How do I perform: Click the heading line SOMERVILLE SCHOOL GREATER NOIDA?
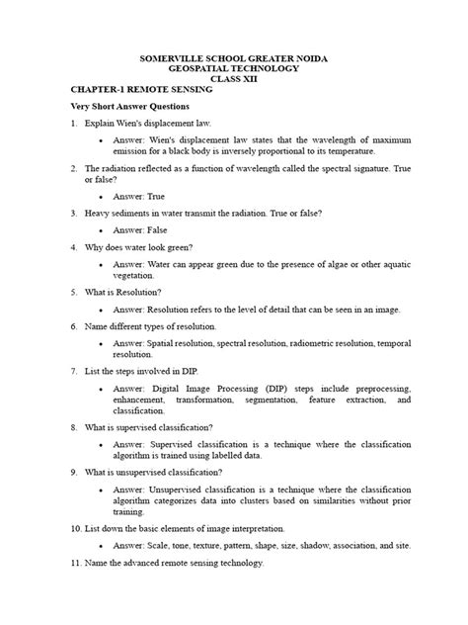pos(233,60)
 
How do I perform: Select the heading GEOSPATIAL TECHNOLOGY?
pos(233,72)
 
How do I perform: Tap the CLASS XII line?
pos(233,84)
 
